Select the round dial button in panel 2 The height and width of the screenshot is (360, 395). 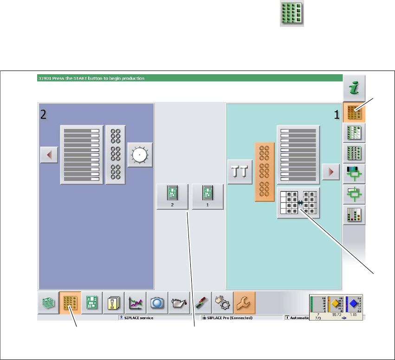point(140,155)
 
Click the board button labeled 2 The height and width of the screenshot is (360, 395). point(172,197)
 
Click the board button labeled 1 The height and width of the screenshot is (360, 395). point(207,197)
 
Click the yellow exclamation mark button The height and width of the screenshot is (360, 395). point(114,303)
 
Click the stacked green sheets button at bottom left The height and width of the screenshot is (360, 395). point(48,303)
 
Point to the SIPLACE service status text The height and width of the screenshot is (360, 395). point(138,318)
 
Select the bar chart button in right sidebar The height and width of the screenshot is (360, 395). point(354,214)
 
